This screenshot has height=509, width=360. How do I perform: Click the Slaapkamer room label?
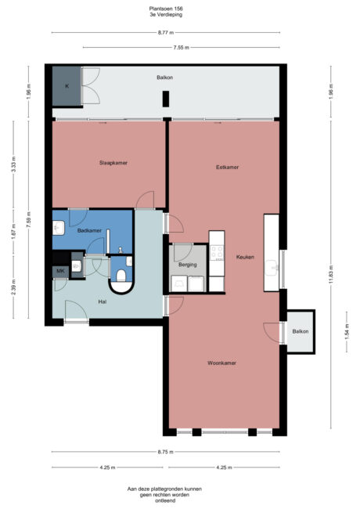pyautogui.click(x=113, y=163)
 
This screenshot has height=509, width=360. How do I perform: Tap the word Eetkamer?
pyautogui.click(x=227, y=168)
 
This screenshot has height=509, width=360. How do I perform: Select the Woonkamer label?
pyautogui.click(x=222, y=363)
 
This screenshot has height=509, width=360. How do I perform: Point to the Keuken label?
pyautogui.click(x=245, y=257)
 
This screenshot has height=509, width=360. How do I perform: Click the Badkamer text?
pyautogui.click(x=89, y=230)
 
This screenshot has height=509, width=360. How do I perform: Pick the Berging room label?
pyautogui.click(x=187, y=265)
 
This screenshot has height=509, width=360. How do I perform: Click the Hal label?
pyautogui.click(x=103, y=300)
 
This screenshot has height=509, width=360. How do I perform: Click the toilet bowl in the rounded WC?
pyautogui.click(x=121, y=273)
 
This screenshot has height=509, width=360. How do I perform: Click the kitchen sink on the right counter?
pyautogui.click(x=275, y=265)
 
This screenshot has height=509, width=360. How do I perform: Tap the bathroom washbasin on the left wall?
pyautogui.click(x=58, y=229)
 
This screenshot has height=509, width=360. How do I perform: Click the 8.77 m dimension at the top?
pyautogui.click(x=164, y=32)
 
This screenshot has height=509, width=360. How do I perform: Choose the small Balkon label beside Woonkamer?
pyautogui.click(x=301, y=331)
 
